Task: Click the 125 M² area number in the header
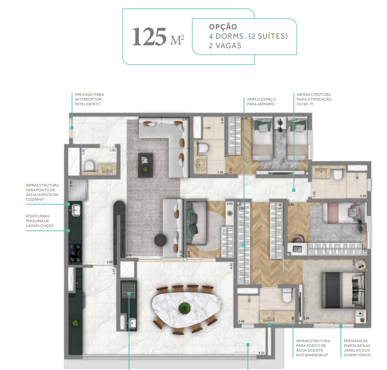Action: click(x=158, y=37)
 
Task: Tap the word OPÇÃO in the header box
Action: click(x=223, y=26)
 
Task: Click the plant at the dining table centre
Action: click(x=184, y=307)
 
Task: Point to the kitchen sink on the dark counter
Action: click(x=75, y=210)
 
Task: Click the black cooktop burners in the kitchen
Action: click(x=75, y=253)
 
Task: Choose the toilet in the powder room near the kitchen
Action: click(x=89, y=167)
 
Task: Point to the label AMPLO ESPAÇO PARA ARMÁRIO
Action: click(x=260, y=101)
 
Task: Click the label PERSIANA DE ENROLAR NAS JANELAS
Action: click(x=356, y=347)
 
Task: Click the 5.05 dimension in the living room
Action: click(x=184, y=119)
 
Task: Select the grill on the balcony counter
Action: click(x=128, y=290)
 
